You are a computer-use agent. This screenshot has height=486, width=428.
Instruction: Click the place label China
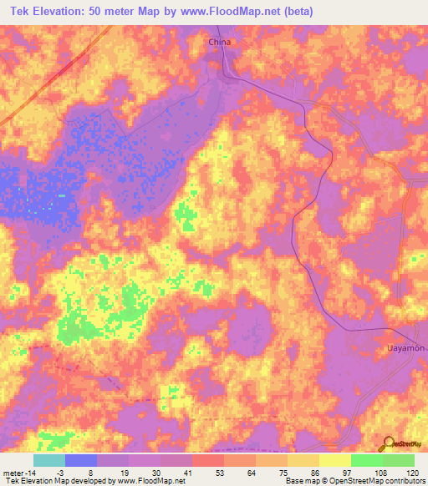coord(219,41)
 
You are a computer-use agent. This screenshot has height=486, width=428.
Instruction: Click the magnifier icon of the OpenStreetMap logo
coord(389,444)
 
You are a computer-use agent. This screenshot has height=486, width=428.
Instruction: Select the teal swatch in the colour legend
coord(49,460)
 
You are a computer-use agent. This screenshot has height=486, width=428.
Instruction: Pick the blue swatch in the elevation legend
coord(81,460)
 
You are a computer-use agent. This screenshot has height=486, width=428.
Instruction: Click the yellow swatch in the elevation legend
coord(335,460)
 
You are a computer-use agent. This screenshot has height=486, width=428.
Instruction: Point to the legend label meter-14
coord(17,472)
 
